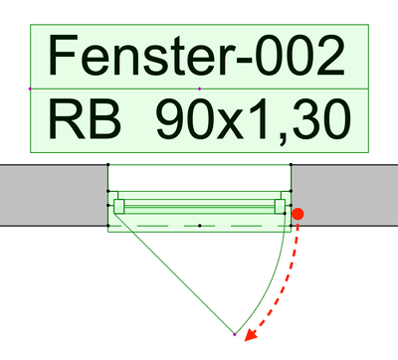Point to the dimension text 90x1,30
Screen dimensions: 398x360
[253, 121]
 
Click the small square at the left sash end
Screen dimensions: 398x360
[119, 206]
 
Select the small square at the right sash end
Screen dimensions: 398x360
[280, 206]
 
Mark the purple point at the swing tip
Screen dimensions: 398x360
[234, 334]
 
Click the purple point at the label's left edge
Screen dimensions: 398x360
[31, 90]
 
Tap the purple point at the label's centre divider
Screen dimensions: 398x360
[200, 90]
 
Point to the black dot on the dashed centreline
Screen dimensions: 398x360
[200, 226]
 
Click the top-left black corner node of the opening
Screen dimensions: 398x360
[108, 164]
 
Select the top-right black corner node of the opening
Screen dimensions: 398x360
[291, 164]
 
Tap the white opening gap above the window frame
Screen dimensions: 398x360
[199, 177]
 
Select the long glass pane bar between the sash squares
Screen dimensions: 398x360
[199, 206]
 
